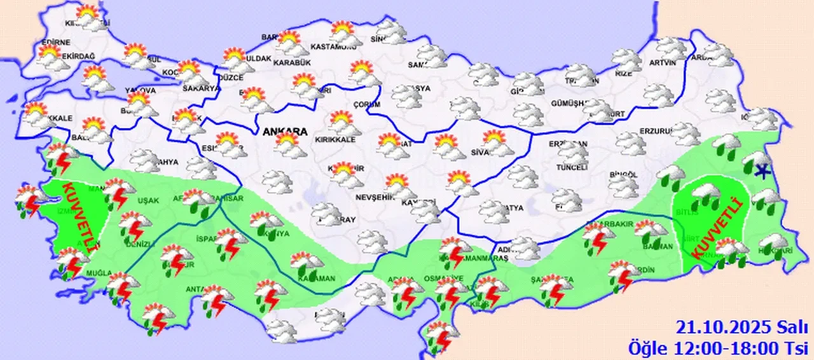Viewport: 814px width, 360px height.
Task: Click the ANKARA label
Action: pyautogui.click(x=284, y=132)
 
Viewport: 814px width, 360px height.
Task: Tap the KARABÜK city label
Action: pyautogui.click(x=291, y=63)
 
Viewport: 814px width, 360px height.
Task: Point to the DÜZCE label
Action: pyautogui.click(x=231, y=78)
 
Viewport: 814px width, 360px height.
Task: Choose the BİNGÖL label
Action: pyautogui.click(x=623, y=174)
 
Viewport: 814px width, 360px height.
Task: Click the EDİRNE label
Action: pyautogui.click(x=55, y=43)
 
